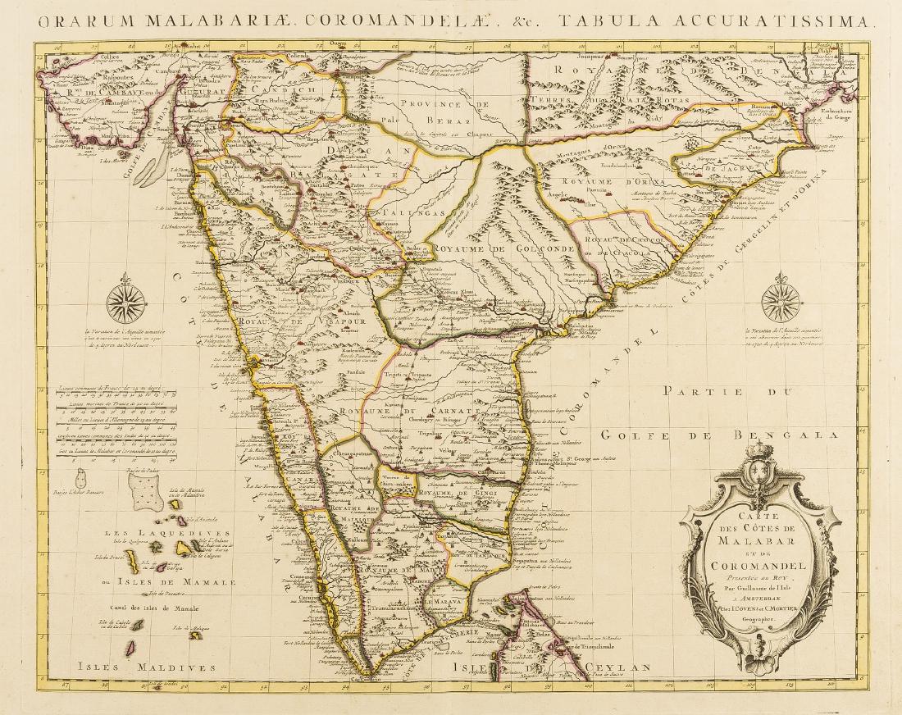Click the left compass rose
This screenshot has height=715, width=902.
[125, 302]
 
